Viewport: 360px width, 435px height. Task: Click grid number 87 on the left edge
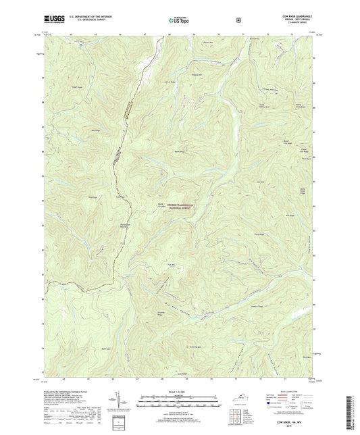pos(43,126)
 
